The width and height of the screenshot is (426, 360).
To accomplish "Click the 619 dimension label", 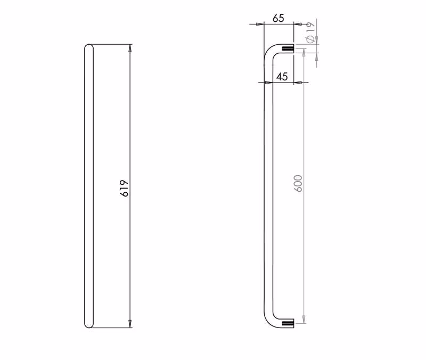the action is [124, 188].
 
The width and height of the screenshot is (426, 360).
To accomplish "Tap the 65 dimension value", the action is [278, 18].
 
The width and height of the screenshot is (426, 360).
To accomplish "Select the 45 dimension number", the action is [282, 77].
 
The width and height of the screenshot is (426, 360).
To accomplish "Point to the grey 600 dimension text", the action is [298, 183].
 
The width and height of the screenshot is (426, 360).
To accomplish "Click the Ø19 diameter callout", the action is [310, 32].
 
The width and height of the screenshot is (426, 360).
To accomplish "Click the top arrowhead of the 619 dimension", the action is [130, 48].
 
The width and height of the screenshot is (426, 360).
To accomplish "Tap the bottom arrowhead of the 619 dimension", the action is [130, 324].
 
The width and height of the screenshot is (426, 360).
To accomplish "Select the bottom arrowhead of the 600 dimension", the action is [304, 319].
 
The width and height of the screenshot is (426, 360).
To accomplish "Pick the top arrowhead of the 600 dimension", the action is [304, 53].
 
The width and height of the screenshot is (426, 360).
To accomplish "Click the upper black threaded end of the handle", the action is [288, 48].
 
